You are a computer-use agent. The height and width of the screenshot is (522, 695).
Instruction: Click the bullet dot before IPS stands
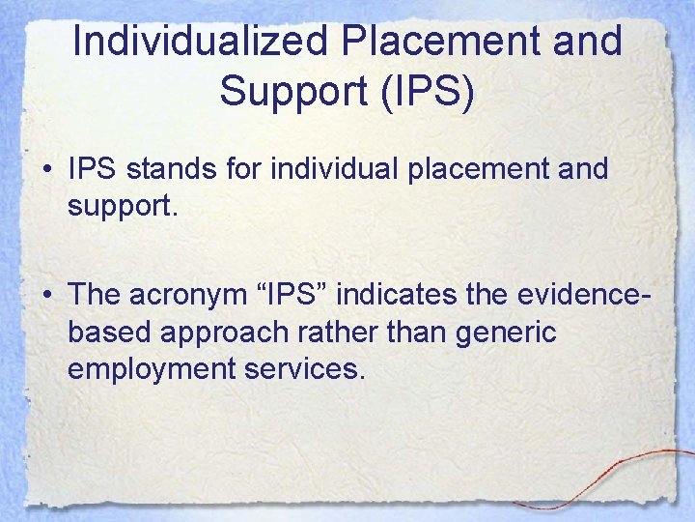pos(49,170)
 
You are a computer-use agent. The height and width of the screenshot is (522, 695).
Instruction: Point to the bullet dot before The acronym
pos(49,293)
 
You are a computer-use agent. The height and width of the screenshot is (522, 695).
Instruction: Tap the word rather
pos(349,331)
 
